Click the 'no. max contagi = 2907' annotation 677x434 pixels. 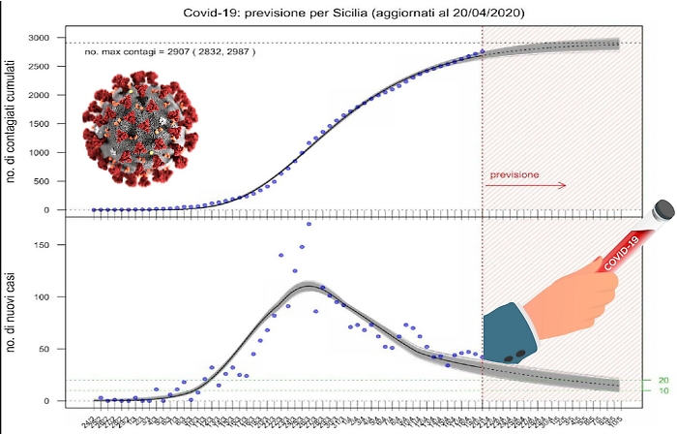(x=171, y=52)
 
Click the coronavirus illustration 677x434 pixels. (x=137, y=134)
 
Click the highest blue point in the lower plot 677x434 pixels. (x=309, y=224)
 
